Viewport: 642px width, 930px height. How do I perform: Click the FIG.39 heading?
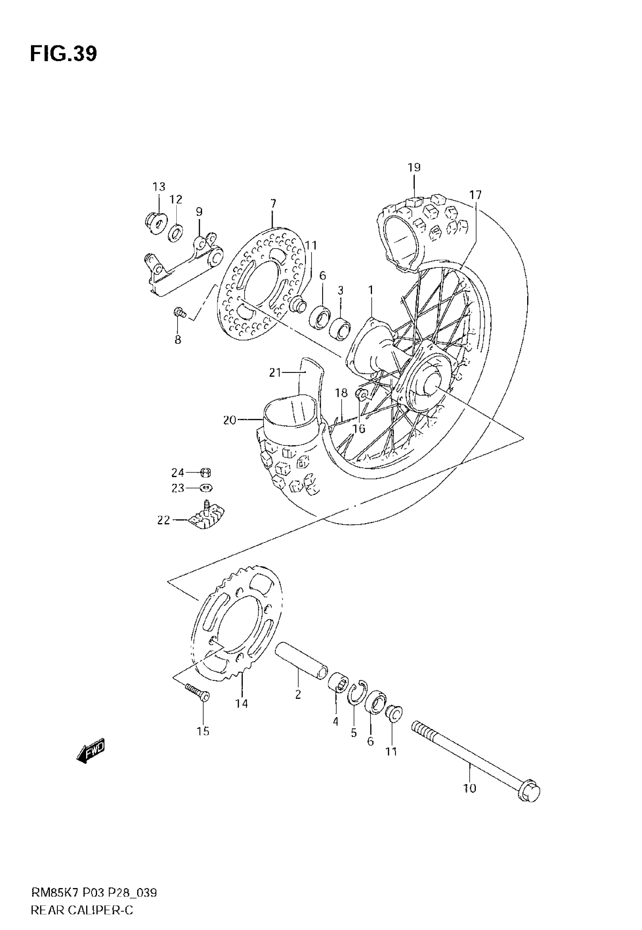coord(63,54)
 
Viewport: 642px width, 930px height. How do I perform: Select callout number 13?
coord(159,187)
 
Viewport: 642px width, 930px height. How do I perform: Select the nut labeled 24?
coord(205,472)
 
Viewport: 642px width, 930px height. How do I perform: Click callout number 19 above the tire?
coord(414,167)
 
